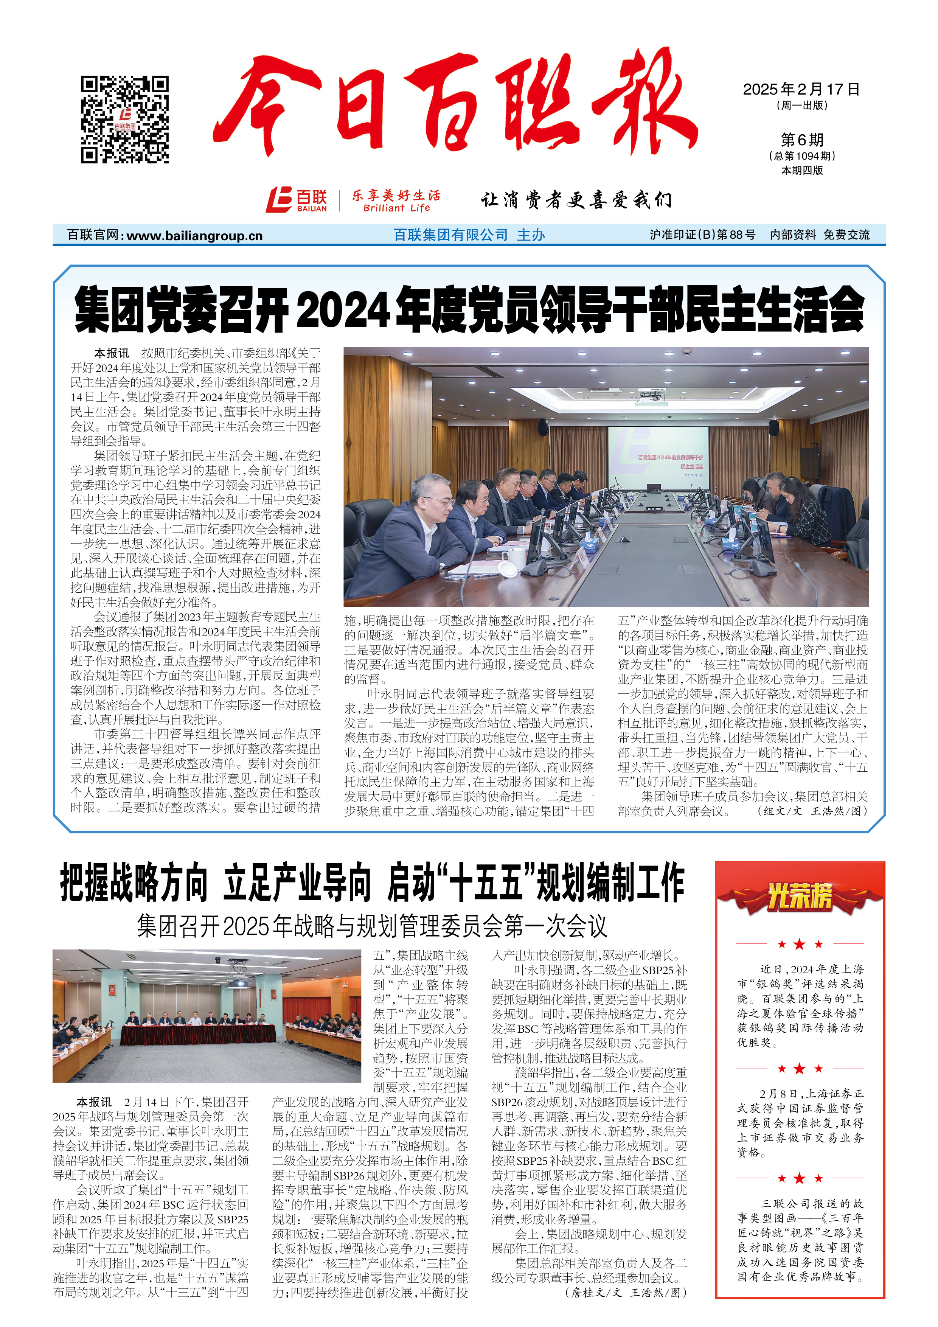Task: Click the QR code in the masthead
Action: coord(124,119)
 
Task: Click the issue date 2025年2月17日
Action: coord(801,89)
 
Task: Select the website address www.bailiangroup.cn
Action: coord(194,236)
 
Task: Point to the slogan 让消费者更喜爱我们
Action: coord(576,200)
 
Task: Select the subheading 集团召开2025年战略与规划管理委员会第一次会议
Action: coord(372,926)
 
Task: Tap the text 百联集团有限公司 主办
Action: coord(469,235)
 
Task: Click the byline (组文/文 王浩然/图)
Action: coord(812,811)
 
